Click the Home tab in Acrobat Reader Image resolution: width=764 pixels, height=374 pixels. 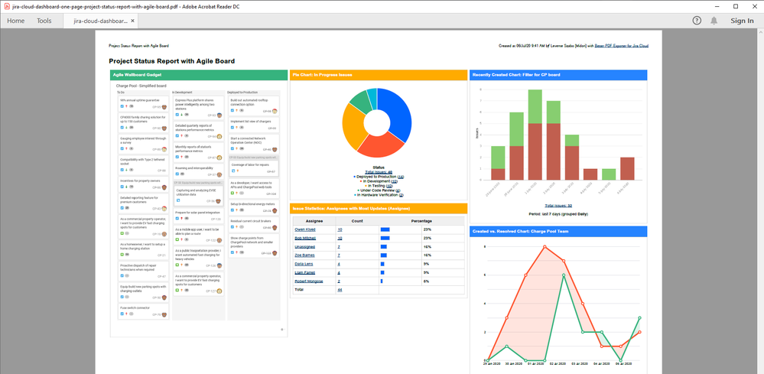coord(16,21)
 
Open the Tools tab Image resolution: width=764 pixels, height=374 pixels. coord(44,21)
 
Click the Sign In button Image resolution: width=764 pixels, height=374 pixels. coord(741,21)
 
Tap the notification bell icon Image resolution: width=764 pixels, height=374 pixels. coord(714,21)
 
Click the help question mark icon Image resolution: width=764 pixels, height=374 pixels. coord(697,21)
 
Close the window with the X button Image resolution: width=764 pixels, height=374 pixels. coord(753,6)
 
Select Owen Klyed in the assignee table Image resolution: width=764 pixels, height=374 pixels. coord(305,229)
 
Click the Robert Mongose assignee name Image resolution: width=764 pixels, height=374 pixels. coord(309,281)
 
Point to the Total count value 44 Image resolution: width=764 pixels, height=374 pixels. coord(340,290)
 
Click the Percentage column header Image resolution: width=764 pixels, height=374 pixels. coord(421,220)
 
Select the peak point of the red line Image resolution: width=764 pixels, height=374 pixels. coord(545,246)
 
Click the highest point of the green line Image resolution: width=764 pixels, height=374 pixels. coord(564,275)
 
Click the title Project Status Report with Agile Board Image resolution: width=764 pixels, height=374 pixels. coord(171,61)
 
